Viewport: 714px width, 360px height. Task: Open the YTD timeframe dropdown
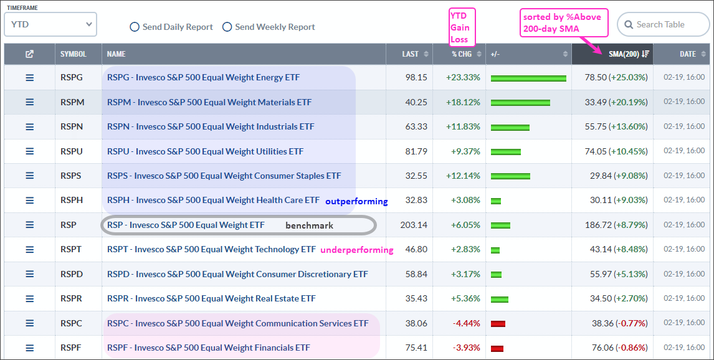(x=50, y=24)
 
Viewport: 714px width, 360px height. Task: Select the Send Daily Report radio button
(x=135, y=27)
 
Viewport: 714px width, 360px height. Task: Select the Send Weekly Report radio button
(x=227, y=27)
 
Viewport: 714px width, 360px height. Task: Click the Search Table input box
(x=664, y=25)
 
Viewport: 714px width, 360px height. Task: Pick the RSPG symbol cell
(x=71, y=78)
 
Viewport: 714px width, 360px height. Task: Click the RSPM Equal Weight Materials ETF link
(x=209, y=102)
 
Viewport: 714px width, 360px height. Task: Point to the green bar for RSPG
(x=528, y=78)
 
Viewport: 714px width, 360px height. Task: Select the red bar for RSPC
(x=498, y=324)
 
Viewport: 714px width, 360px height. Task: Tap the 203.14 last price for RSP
(x=414, y=225)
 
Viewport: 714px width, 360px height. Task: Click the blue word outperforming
(x=356, y=202)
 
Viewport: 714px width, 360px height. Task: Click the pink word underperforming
(x=356, y=250)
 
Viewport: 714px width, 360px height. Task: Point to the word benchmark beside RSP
(x=309, y=225)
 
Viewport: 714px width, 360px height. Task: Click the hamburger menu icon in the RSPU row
(x=29, y=151)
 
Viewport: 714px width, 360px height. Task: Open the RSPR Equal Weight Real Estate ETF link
(x=211, y=299)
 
